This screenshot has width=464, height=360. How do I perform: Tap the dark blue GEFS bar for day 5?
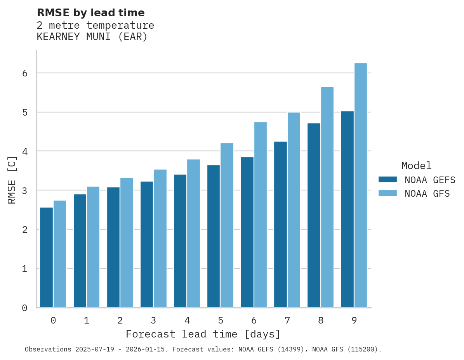[x=214, y=236]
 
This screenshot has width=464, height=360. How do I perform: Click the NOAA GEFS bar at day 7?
[x=280, y=225]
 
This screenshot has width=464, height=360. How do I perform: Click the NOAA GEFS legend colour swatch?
[x=388, y=180]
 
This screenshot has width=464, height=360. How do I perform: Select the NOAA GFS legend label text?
[x=427, y=194]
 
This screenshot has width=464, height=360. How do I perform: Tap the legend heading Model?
[x=416, y=166]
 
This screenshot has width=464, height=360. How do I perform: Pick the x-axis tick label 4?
[x=187, y=320]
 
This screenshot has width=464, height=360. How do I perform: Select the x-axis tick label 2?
[x=120, y=320]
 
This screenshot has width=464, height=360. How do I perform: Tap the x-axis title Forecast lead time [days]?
[x=203, y=334]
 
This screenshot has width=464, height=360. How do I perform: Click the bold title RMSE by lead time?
[x=90, y=13]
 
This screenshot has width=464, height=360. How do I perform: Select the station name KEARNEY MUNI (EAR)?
[x=92, y=37]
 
